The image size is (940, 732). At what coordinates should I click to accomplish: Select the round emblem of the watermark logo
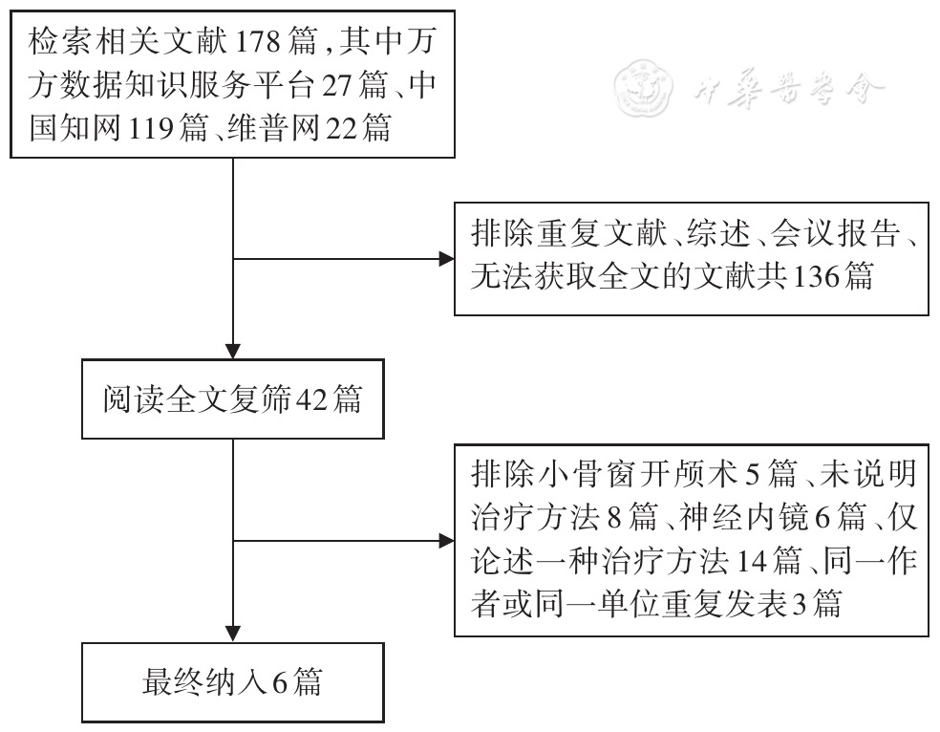click(x=638, y=88)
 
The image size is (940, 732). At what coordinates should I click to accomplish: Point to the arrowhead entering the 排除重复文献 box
click(x=446, y=258)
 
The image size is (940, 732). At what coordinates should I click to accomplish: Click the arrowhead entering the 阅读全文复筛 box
click(x=234, y=350)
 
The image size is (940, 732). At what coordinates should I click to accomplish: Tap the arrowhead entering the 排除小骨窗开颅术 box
click(x=446, y=541)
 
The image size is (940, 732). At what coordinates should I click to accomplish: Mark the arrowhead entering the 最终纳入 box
click(x=234, y=634)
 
